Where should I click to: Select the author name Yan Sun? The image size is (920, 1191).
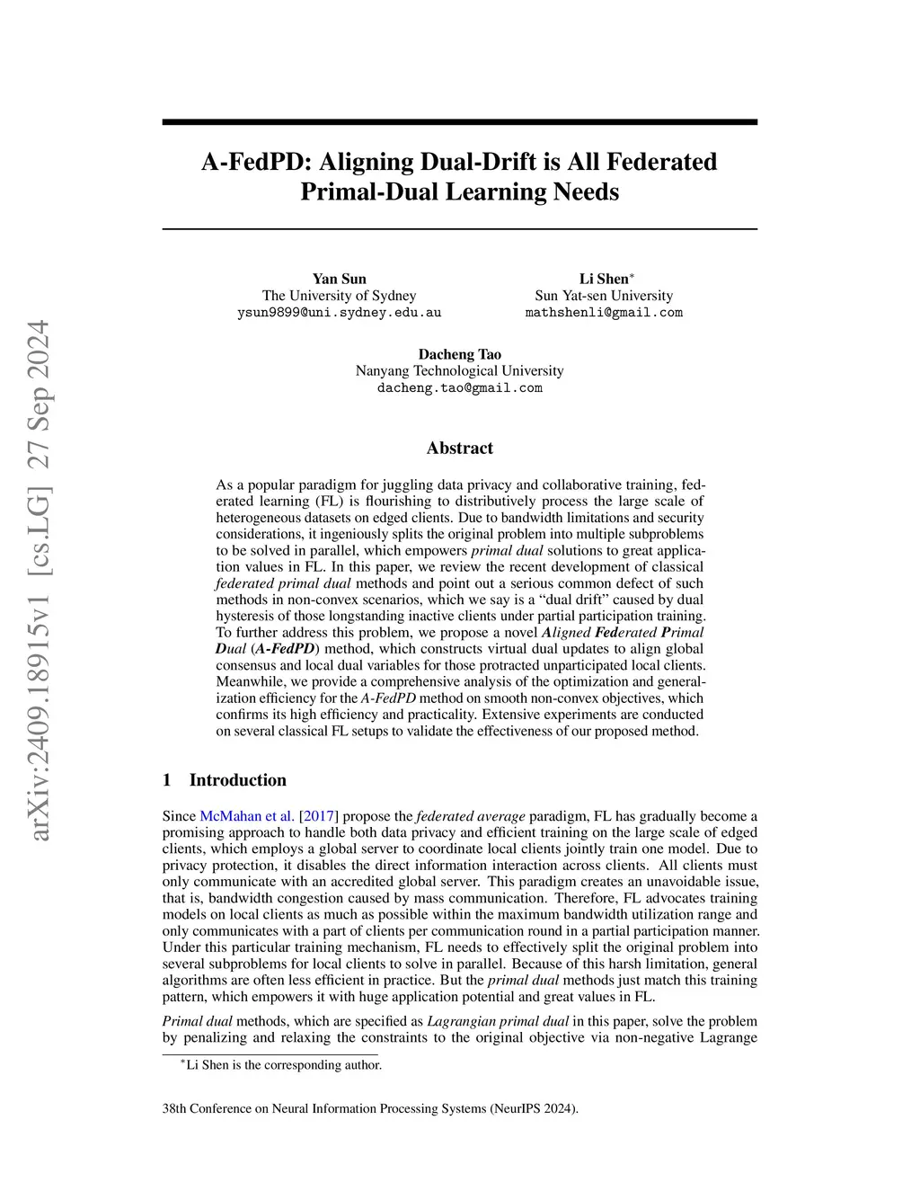coord(339,279)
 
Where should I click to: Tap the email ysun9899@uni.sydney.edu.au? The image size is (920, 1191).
coord(339,313)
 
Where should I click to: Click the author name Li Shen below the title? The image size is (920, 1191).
coord(604,279)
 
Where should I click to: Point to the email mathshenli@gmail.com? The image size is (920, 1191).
coord(604,313)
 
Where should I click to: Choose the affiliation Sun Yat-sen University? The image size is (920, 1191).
coord(604,296)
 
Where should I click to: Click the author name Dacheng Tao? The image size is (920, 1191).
coord(459,354)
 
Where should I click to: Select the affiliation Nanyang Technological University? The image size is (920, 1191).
coord(459,370)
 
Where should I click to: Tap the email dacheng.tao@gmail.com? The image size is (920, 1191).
coord(459,388)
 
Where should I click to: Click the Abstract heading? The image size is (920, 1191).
coord(459,448)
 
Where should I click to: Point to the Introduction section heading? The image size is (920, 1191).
coord(237,780)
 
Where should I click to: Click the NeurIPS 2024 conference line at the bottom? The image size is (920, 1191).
coord(370,1108)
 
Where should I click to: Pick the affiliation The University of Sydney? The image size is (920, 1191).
coord(339,296)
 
